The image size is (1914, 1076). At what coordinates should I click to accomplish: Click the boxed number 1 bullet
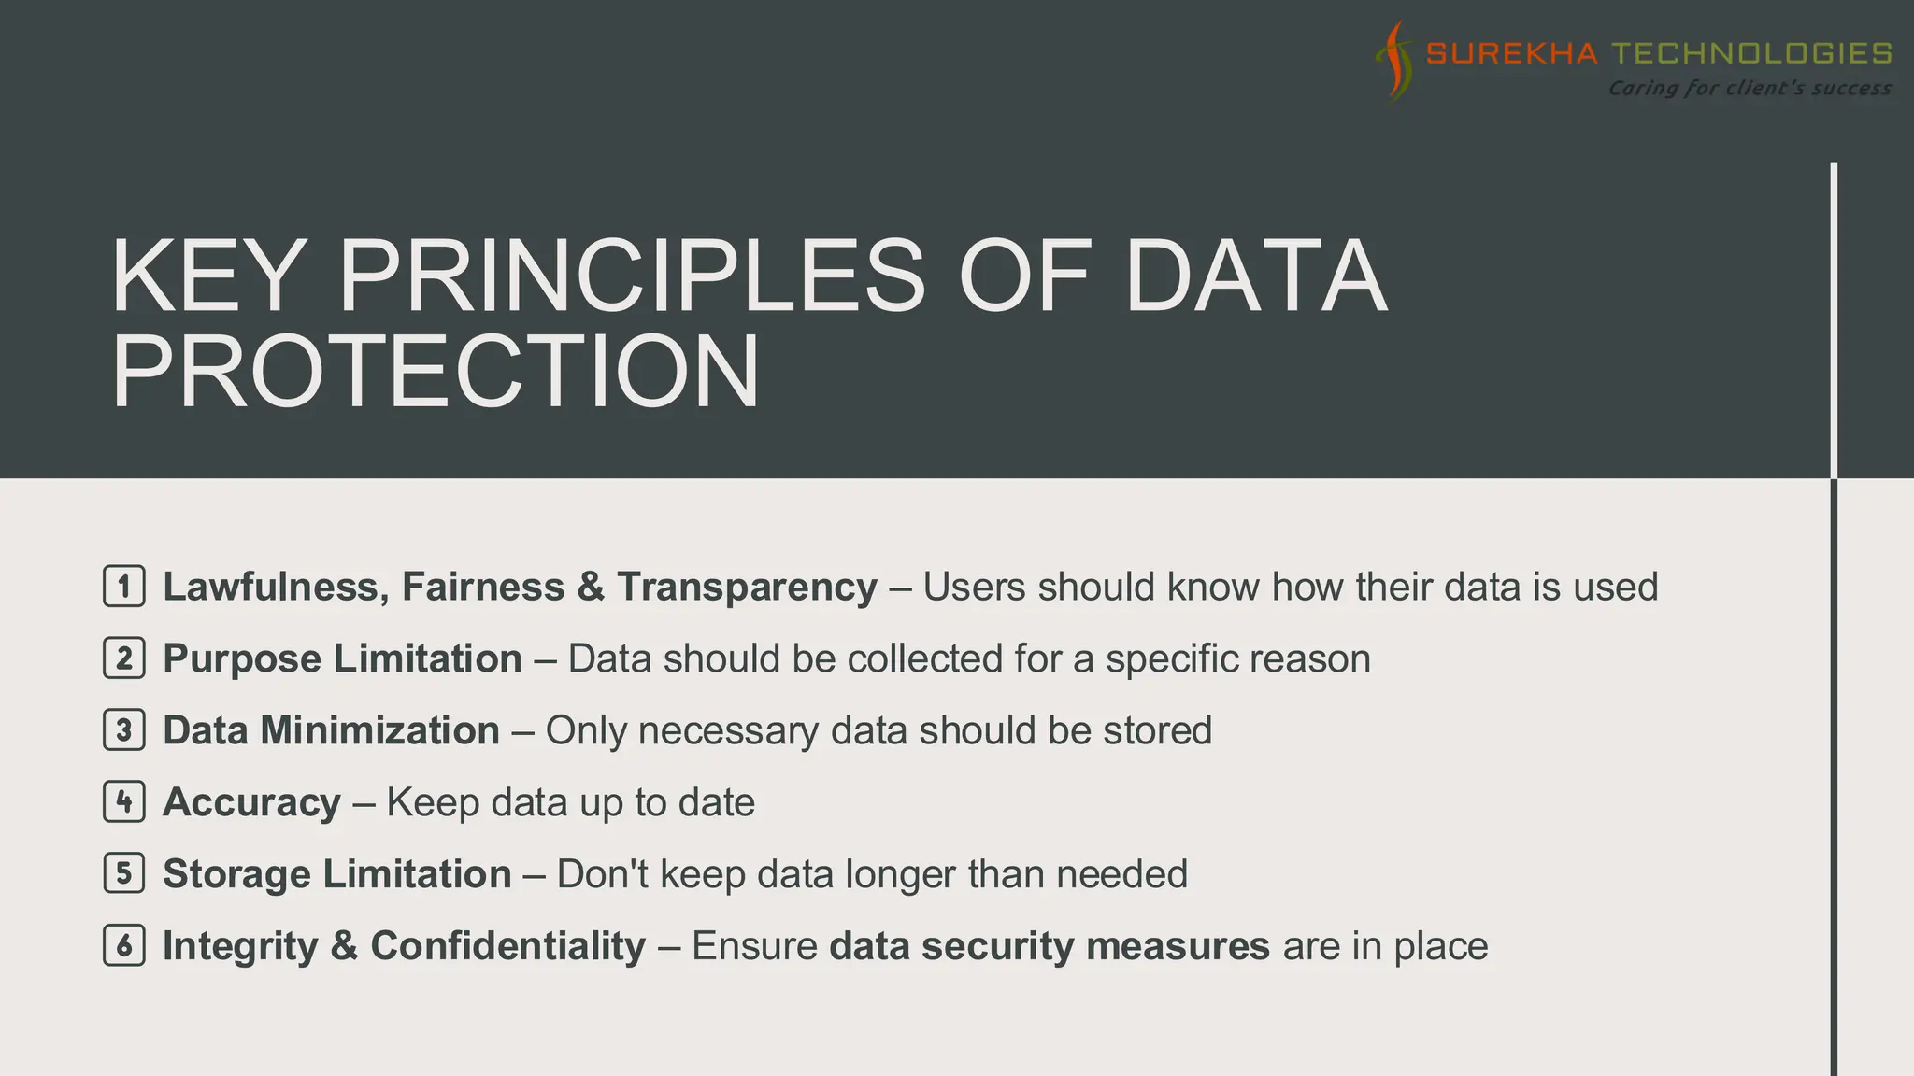click(124, 587)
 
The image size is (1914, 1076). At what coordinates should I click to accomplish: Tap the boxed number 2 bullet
click(124, 658)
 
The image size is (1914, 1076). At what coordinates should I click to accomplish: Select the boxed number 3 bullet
click(124, 730)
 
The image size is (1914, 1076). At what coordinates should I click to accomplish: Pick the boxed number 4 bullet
click(124, 801)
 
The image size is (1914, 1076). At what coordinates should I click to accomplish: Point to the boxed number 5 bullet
click(124, 873)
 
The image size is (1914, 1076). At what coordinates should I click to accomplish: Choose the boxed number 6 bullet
click(124, 945)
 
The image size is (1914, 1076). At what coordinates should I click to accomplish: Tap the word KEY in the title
click(205, 276)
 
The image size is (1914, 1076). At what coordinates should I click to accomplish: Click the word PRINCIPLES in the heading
click(631, 276)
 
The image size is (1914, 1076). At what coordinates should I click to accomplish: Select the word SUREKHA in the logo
click(1511, 53)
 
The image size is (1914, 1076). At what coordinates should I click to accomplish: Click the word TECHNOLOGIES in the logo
click(1752, 53)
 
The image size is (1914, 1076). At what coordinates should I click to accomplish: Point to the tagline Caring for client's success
click(1749, 88)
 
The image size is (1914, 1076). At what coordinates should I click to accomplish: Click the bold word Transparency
click(747, 588)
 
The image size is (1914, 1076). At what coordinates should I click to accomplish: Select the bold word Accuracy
click(251, 802)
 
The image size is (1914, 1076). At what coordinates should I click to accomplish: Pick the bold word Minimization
click(379, 730)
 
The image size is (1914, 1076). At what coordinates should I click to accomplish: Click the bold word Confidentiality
click(507, 946)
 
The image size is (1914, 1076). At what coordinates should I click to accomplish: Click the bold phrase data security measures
click(1050, 946)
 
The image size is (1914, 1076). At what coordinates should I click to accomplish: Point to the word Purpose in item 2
click(242, 659)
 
